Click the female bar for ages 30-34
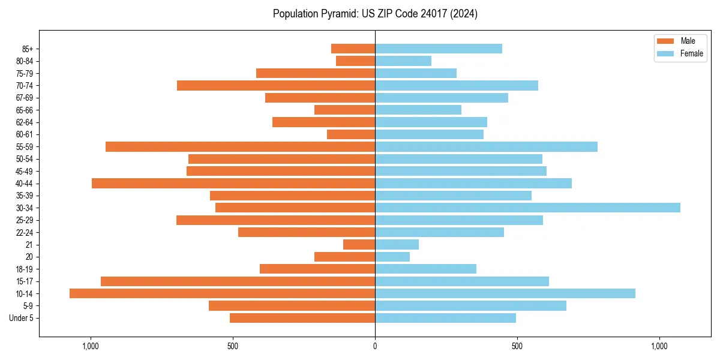pos(527,208)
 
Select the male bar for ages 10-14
pos(222,293)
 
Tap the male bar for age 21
pos(359,245)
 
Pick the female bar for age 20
pos(392,257)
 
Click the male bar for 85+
pos(353,49)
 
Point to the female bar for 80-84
pos(403,61)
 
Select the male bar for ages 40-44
pos(233,183)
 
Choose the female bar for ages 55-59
pos(486,146)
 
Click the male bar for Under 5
pos(302,318)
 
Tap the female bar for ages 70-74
pos(457,85)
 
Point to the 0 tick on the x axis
pos(375,346)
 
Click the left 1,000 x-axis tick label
pos(91,346)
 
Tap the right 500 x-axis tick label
pos(517,346)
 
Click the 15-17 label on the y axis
pos(25,281)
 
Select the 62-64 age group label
pos(25,122)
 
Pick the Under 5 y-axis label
pos(21,318)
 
